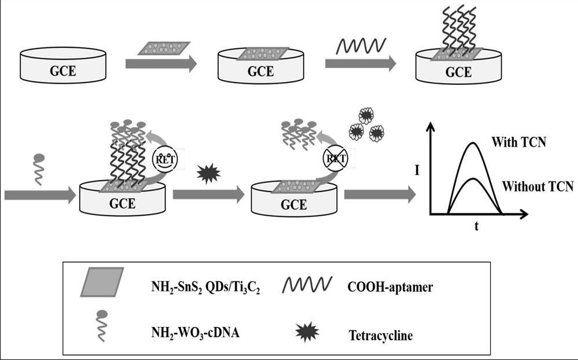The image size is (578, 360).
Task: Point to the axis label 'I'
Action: pyautogui.click(x=417, y=170)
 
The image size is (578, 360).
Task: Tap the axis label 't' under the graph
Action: pyautogui.click(x=476, y=226)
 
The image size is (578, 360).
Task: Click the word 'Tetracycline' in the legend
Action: pyautogui.click(x=381, y=335)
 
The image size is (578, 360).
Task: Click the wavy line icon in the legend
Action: pyautogui.click(x=307, y=283)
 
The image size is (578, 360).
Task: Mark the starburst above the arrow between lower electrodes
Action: pyautogui.click(x=207, y=174)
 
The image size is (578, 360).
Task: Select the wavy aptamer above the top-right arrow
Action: pyautogui.click(x=360, y=44)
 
